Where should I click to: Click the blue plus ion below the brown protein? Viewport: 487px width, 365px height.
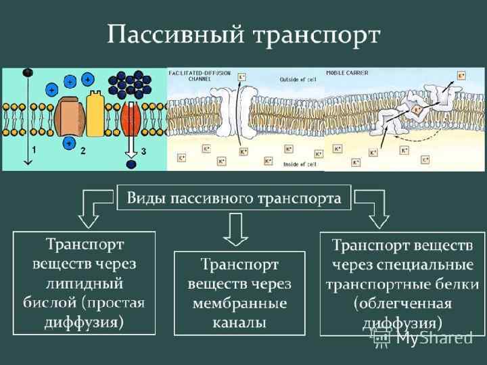point(68,141)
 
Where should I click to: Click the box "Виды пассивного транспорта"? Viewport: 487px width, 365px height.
point(234,199)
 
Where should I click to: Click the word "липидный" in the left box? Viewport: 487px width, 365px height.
point(84,277)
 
